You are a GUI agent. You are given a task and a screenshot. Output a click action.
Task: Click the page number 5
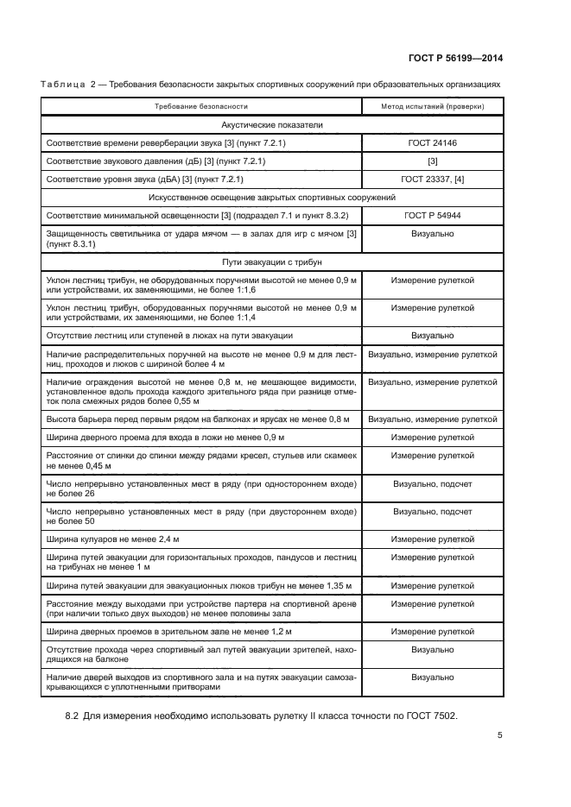click(500, 735)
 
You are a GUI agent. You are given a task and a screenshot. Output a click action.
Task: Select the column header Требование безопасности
click(201, 106)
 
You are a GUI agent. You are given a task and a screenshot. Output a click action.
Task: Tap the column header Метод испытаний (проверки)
click(432, 106)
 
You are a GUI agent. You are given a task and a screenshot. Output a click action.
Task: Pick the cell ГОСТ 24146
click(432, 142)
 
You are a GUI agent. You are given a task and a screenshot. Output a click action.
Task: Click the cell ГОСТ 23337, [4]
click(432, 179)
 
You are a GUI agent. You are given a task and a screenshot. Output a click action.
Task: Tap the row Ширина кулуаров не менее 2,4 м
click(113, 539)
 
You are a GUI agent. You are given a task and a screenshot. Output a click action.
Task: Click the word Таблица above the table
click(60, 84)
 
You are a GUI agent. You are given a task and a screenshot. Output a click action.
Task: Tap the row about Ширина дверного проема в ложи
click(162, 437)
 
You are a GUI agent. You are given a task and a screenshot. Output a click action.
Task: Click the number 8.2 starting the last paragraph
click(75, 716)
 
